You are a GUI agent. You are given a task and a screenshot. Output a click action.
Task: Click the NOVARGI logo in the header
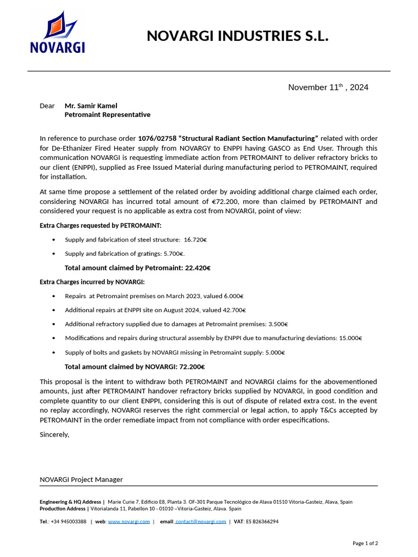click(x=57, y=33)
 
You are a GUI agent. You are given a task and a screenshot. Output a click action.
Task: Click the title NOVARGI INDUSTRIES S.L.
click(x=238, y=36)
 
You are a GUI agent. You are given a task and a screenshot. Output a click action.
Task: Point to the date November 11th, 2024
click(x=328, y=87)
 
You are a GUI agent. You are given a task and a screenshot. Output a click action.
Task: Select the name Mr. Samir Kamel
click(x=91, y=106)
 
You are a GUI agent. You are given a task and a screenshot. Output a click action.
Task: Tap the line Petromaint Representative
click(x=107, y=115)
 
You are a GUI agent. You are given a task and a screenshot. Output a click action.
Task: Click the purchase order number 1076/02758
click(x=157, y=138)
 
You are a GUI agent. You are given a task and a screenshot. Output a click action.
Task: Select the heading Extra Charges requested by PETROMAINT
click(x=101, y=225)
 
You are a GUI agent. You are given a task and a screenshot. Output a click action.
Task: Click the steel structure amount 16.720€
click(x=195, y=239)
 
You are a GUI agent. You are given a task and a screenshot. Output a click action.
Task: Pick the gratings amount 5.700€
click(x=175, y=253)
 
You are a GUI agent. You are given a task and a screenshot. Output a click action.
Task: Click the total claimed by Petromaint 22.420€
click(x=198, y=268)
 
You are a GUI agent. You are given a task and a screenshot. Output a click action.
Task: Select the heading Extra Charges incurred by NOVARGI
click(x=92, y=282)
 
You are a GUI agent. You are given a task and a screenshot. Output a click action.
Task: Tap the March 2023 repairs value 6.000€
click(x=233, y=296)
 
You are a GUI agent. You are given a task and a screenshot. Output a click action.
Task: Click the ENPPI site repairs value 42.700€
click(x=234, y=310)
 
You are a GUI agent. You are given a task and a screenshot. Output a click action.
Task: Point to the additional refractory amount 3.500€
click(x=278, y=324)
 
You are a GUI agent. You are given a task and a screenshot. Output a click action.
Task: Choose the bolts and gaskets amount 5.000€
click(x=275, y=352)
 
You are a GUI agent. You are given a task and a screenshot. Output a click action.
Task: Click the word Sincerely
click(x=54, y=434)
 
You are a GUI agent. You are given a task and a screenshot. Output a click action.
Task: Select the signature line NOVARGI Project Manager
click(x=81, y=479)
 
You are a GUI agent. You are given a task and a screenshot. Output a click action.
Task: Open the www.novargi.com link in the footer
click(x=128, y=521)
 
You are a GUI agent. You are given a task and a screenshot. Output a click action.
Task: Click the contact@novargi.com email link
click(x=201, y=521)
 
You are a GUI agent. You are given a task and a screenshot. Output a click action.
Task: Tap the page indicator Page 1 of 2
click(x=365, y=543)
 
